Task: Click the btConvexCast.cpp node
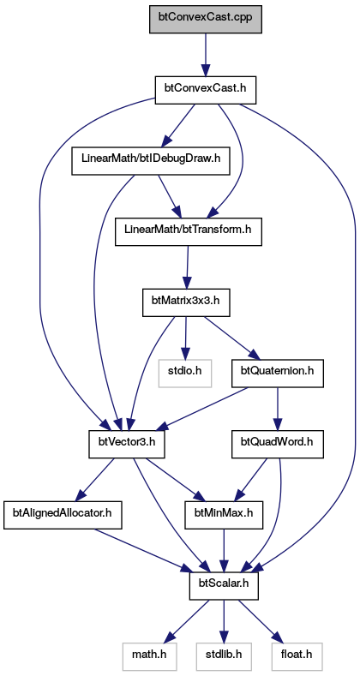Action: tap(206, 19)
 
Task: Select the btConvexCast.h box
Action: tap(206, 90)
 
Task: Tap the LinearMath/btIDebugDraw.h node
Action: tap(151, 161)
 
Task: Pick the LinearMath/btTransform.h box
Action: tap(189, 232)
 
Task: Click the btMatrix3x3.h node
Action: tap(186, 303)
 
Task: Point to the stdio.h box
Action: tap(185, 374)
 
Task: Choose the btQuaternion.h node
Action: tap(278, 374)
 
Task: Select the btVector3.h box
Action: tap(126, 445)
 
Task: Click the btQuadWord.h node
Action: tap(278, 445)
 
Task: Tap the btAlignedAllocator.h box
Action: tap(63, 516)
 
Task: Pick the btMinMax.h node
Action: tap(224, 516)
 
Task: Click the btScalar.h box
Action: tap(224, 586)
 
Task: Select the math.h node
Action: tap(149, 657)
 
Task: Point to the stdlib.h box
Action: tap(224, 657)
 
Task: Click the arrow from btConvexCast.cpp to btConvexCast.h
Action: tap(206, 55)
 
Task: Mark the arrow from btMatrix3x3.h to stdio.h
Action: tap(185, 339)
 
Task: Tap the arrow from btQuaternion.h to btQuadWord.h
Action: tap(278, 410)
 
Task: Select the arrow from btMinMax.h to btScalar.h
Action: tap(224, 551)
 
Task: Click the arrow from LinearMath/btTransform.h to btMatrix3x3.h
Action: tap(187, 267)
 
